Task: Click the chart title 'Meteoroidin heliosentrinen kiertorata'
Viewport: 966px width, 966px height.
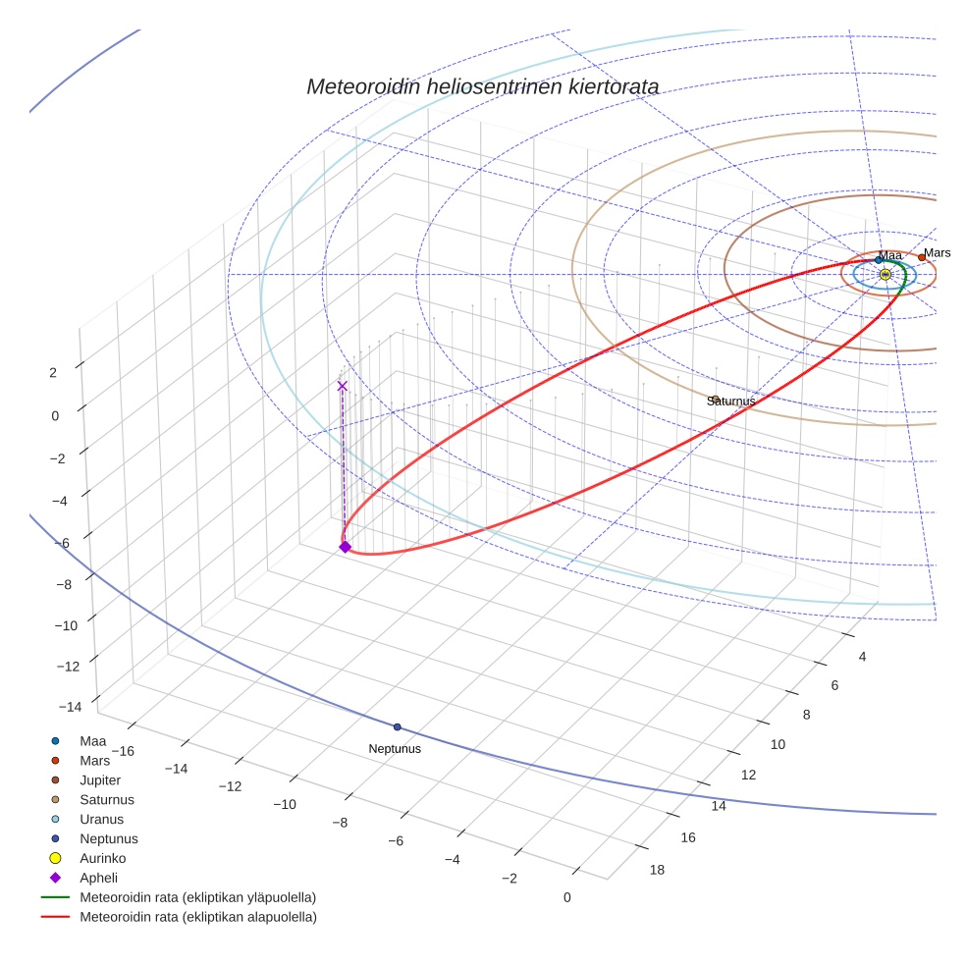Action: pyautogui.click(x=482, y=86)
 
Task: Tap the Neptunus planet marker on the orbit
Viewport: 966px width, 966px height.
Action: pyautogui.click(x=397, y=727)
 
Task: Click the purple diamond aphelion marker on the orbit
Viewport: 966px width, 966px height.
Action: pyautogui.click(x=345, y=547)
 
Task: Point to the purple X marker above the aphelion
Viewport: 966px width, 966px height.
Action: pyautogui.click(x=342, y=386)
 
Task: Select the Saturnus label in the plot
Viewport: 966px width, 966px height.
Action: pyautogui.click(x=731, y=401)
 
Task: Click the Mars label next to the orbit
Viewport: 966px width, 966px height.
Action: pyautogui.click(x=937, y=253)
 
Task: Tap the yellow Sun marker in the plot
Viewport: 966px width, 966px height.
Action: pyautogui.click(x=885, y=275)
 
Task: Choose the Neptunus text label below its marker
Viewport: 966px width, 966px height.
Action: pyautogui.click(x=395, y=749)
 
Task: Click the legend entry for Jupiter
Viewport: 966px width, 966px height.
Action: pyautogui.click(x=100, y=779)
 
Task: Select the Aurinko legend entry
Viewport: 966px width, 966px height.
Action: pyautogui.click(x=102, y=858)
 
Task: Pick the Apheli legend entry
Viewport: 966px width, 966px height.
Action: pyautogui.click(x=98, y=878)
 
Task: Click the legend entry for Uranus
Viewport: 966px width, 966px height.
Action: pyautogui.click(x=101, y=819)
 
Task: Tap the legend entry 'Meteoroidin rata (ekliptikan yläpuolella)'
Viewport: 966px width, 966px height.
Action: pyautogui.click(x=197, y=897)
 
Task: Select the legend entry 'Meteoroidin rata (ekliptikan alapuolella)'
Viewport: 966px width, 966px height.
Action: pyautogui.click(x=197, y=917)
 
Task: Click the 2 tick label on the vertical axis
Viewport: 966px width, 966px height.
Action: pyautogui.click(x=53, y=372)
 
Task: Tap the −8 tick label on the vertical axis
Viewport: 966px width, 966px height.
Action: pyautogui.click(x=65, y=584)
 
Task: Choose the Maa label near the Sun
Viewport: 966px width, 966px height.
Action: pyautogui.click(x=889, y=255)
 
